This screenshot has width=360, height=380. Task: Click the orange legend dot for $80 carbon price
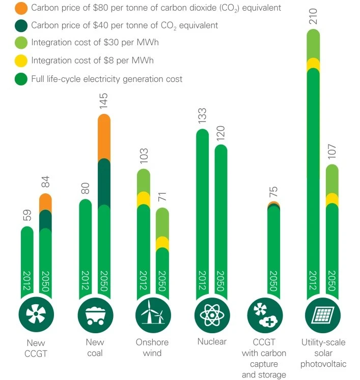(x=22, y=9)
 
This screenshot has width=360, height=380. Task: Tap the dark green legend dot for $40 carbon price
(x=22, y=25)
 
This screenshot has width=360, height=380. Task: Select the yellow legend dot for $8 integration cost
(x=22, y=61)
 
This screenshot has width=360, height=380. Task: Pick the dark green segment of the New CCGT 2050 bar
(x=45, y=220)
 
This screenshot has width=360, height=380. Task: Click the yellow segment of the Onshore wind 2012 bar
(x=144, y=198)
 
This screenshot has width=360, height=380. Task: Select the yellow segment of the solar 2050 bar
(x=332, y=199)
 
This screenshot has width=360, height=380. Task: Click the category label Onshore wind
(x=152, y=347)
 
